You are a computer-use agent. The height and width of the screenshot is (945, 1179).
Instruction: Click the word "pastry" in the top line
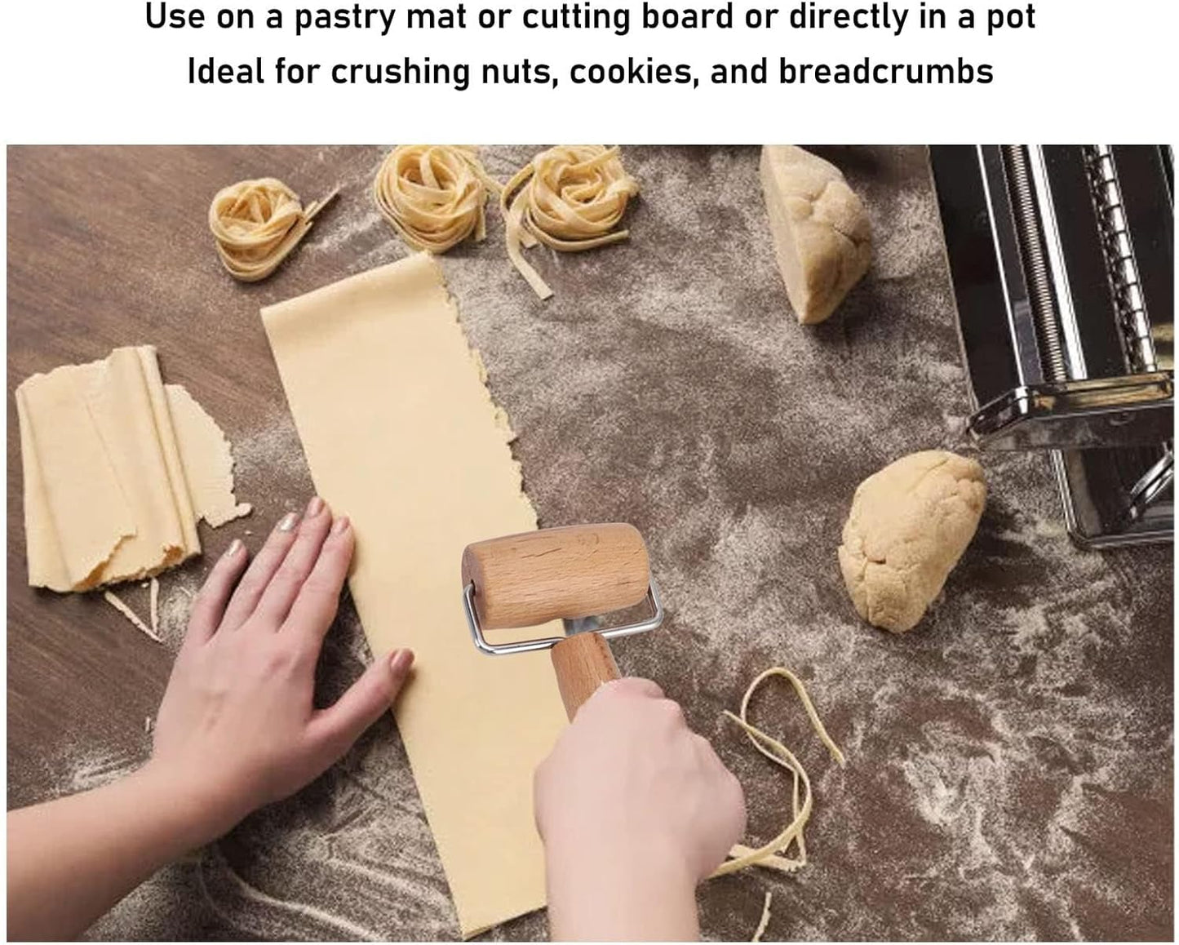344,18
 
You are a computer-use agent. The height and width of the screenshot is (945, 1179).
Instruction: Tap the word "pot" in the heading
1008,18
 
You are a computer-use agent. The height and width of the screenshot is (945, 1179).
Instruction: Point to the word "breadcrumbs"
885,72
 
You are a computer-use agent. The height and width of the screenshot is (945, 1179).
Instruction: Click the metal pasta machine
1069,326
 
